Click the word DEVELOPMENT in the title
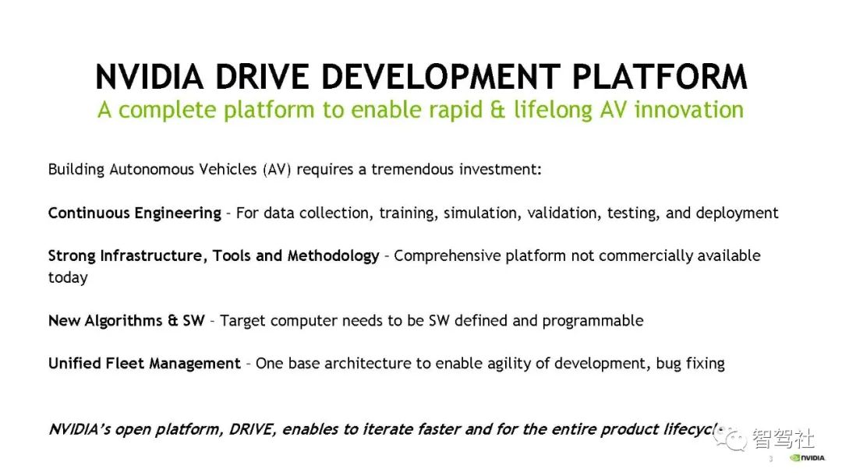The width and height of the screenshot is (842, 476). [x=440, y=77]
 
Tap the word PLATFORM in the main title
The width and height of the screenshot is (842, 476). [x=660, y=77]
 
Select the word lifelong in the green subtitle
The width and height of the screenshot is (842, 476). [x=553, y=111]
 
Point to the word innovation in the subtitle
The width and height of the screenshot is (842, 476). [x=689, y=110]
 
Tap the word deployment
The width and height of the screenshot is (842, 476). [x=737, y=213]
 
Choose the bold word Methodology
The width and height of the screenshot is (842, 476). [x=334, y=256]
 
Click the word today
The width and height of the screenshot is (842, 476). [x=68, y=278]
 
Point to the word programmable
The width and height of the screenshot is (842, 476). [x=593, y=321]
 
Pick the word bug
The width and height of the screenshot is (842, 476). [x=669, y=364]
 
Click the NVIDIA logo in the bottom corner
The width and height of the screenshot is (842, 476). [x=807, y=458]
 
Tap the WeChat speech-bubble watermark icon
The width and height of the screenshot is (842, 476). [x=729, y=439]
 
